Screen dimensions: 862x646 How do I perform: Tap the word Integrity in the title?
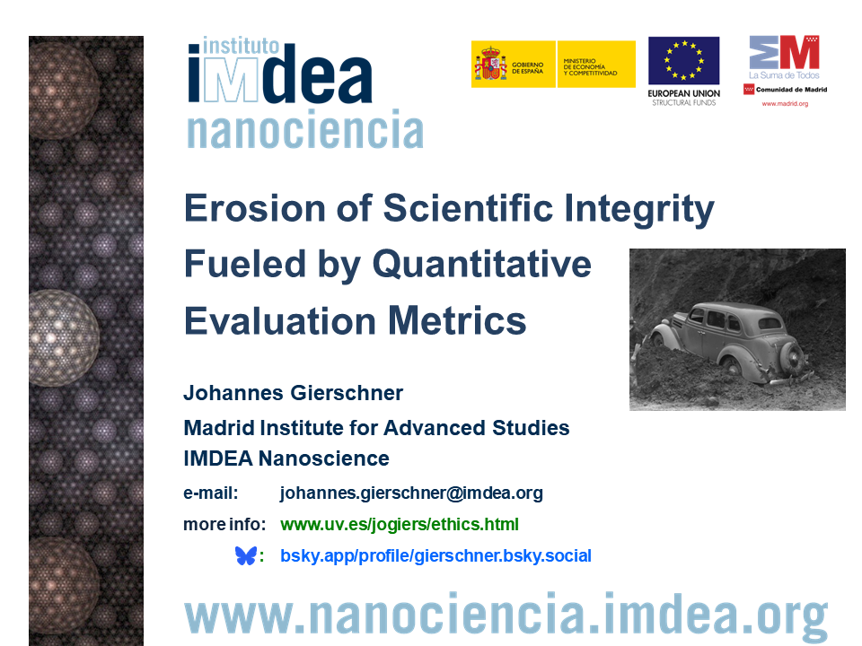(639, 210)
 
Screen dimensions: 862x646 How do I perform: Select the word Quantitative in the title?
(482, 265)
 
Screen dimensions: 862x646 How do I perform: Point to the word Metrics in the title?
(457, 321)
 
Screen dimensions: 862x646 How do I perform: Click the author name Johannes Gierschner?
(293, 393)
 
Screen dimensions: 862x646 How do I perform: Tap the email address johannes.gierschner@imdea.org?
(411, 493)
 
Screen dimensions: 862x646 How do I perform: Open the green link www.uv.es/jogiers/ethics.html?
(399, 525)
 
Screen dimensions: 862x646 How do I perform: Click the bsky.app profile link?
(436, 556)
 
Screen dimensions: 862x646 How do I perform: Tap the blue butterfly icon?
(246, 556)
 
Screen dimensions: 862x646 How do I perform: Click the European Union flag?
(684, 61)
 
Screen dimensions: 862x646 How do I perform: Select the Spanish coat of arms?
(491, 65)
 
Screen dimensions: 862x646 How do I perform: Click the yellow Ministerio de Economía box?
(596, 65)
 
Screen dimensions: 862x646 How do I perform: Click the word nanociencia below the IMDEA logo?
(305, 129)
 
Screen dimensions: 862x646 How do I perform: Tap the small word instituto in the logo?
(241, 46)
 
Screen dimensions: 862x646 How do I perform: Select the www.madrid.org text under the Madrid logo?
(785, 104)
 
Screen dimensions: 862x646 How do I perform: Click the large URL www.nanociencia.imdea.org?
(506, 615)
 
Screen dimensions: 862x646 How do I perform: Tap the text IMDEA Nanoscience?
(286, 458)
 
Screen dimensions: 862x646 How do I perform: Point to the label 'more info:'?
(224, 525)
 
